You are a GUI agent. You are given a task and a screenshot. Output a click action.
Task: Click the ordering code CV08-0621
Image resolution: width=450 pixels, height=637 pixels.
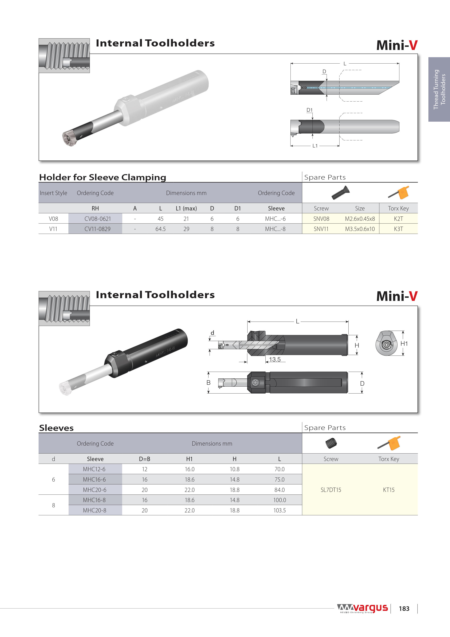click(98, 219)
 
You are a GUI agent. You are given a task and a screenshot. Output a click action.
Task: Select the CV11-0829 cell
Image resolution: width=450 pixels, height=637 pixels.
click(98, 229)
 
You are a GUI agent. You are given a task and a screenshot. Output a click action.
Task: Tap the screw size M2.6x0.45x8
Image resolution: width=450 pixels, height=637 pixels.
click(360, 219)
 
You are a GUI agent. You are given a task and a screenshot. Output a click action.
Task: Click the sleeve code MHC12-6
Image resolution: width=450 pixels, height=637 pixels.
click(94, 469)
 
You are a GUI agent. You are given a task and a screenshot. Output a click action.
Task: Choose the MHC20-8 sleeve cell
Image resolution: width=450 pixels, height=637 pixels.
click(95, 510)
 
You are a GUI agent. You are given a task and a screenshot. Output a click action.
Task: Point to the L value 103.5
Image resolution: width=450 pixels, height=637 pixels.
click(279, 510)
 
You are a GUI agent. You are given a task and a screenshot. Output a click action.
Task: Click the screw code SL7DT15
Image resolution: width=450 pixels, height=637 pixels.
click(331, 490)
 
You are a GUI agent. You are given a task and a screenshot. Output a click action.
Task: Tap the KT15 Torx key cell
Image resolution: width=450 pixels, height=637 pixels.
click(389, 490)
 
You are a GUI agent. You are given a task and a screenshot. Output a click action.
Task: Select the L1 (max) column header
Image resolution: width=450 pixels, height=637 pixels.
click(186, 208)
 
